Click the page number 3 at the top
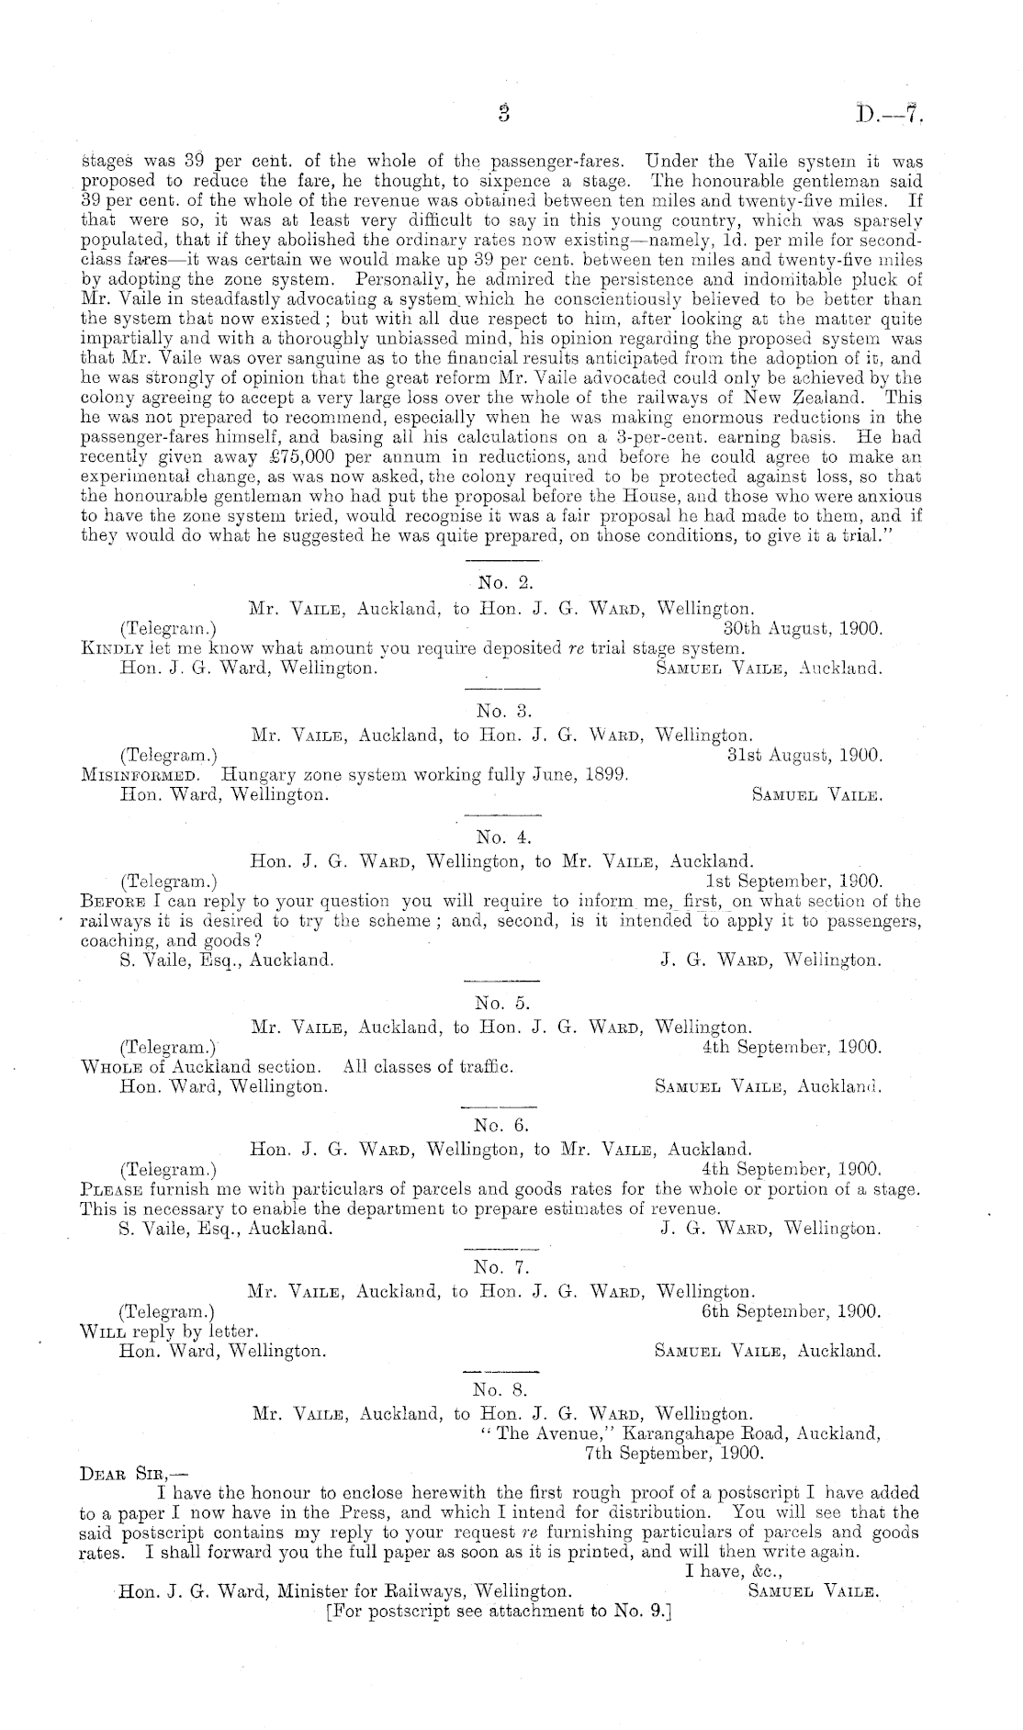[503, 114]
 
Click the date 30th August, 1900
[803, 629]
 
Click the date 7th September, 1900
[673, 1454]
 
